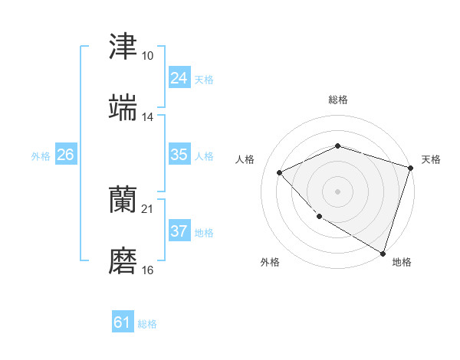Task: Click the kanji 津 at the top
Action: tap(123, 47)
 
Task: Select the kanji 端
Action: tap(123, 108)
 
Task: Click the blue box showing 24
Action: tap(179, 78)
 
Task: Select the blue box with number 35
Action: tap(179, 155)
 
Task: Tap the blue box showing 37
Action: tap(179, 231)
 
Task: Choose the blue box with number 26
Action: tap(65, 155)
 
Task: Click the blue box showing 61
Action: tap(123, 323)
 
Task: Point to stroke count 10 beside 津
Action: tap(147, 56)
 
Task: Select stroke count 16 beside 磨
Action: tap(147, 270)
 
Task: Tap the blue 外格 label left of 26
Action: tap(41, 155)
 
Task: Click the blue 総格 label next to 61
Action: tap(147, 324)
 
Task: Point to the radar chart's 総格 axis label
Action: tap(337, 100)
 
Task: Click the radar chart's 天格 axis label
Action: tap(431, 159)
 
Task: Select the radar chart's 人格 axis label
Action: tap(245, 159)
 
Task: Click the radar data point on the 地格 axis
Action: tap(383, 253)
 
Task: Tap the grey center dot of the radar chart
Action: tap(337, 191)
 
